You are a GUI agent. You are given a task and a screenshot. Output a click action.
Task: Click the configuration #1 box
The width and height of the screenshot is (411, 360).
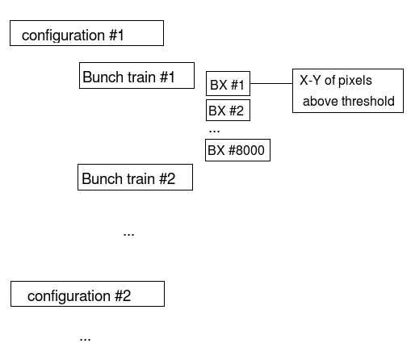point(86,33)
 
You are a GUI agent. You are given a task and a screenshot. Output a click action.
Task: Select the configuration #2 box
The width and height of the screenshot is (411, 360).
point(87,294)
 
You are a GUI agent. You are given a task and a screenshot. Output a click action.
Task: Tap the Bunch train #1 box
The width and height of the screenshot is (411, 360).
point(136,76)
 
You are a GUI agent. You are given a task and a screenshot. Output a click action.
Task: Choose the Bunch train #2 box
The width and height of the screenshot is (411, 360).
point(135,178)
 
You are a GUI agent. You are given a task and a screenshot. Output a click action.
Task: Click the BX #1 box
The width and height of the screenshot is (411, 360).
point(228,83)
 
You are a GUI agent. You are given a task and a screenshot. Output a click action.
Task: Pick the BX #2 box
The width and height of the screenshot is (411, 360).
point(228,111)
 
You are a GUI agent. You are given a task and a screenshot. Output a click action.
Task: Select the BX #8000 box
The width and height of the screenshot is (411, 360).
point(237,150)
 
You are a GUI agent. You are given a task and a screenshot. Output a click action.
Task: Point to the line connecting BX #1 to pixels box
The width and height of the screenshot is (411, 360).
point(271,83)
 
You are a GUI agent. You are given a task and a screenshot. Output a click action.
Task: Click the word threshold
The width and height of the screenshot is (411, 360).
point(368,102)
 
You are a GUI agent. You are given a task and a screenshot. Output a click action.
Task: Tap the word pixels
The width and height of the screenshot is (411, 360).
point(355,81)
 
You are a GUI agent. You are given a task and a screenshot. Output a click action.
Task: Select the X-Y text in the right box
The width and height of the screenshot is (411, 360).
point(310,80)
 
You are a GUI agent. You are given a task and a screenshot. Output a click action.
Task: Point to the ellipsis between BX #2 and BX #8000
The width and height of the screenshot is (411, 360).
point(214,132)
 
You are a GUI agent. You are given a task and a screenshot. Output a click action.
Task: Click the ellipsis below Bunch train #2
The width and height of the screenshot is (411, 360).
point(128,235)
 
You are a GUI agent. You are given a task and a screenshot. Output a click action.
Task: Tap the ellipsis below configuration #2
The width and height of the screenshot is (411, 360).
point(85,340)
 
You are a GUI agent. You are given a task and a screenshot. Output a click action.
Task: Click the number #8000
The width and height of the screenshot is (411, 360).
point(246,150)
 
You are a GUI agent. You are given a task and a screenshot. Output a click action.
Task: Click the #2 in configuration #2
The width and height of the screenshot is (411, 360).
point(123,295)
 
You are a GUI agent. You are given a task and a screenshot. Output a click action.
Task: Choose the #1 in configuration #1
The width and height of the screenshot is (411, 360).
point(116,36)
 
